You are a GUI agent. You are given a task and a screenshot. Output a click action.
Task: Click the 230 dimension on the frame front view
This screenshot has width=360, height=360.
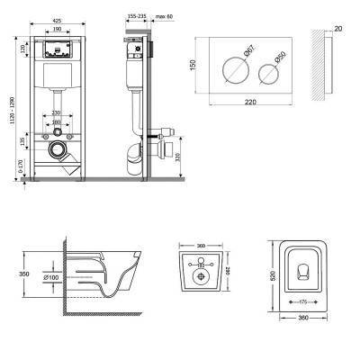coord(57,112)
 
